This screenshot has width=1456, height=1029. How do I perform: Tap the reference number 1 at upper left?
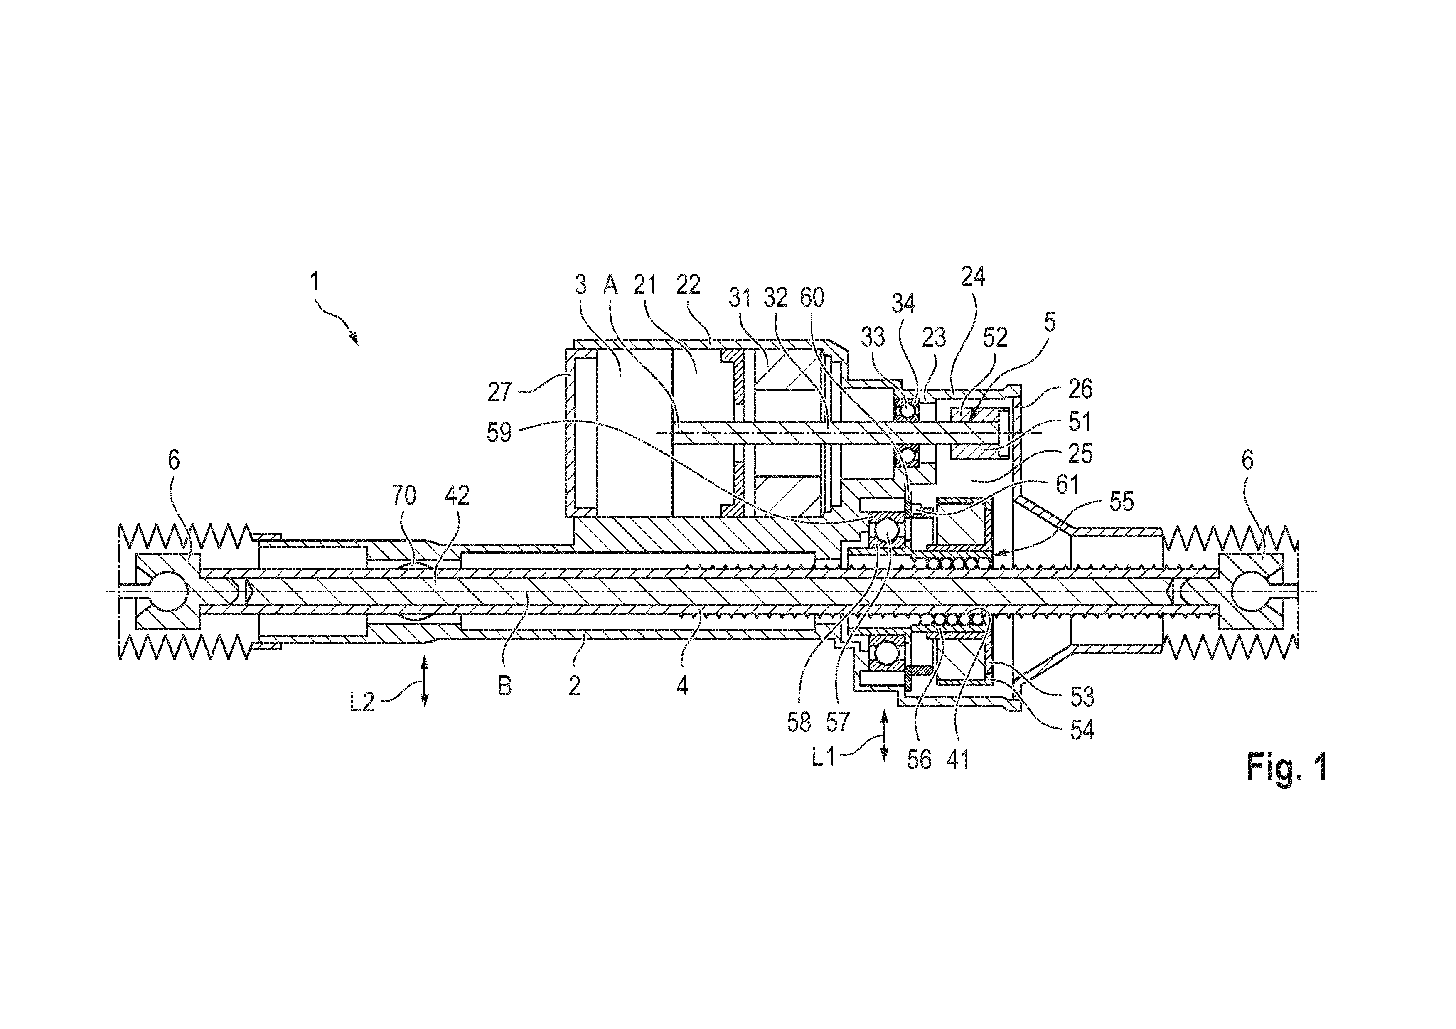click(x=315, y=282)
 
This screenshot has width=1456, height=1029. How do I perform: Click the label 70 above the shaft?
click(x=404, y=495)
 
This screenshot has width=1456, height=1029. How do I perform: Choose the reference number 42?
click(x=457, y=495)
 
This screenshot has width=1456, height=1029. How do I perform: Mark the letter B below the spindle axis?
click(x=505, y=686)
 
